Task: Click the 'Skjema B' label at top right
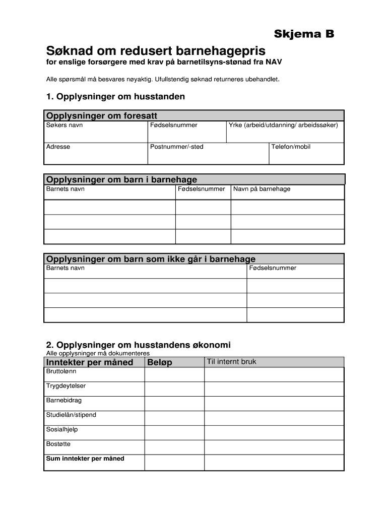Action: click(x=303, y=34)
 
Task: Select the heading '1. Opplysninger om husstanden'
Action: click(x=115, y=96)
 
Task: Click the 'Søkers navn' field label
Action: click(x=64, y=125)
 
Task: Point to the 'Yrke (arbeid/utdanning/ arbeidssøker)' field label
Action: click(x=283, y=125)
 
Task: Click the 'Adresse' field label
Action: click(x=58, y=147)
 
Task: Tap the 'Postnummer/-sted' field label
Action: click(x=176, y=147)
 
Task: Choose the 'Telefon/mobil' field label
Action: click(x=291, y=147)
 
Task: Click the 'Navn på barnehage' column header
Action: click(x=262, y=189)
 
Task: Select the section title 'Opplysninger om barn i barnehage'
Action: click(x=121, y=179)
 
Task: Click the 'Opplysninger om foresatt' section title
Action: click(x=101, y=116)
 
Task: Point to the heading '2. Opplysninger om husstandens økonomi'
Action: click(x=138, y=345)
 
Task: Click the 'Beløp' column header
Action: click(x=160, y=362)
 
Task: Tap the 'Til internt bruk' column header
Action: click(x=231, y=362)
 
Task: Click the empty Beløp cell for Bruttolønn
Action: click(x=174, y=374)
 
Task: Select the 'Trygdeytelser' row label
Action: click(x=66, y=386)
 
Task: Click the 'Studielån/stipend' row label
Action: click(x=71, y=415)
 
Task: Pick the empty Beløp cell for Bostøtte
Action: click(x=174, y=447)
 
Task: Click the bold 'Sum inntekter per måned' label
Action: click(x=85, y=459)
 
